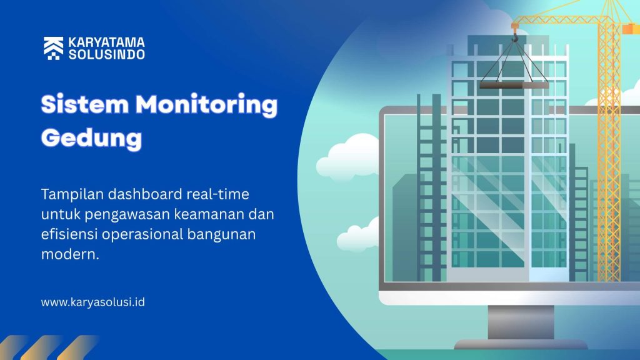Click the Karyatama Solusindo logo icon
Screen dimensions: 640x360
pos(54,48)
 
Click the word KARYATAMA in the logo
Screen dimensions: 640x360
pos(106,42)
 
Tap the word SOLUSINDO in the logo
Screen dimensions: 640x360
pos(106,54)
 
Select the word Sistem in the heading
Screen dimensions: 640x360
pos(85,104)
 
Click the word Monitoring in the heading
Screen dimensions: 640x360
pos(206,105)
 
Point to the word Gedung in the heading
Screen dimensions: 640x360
pos(91,139)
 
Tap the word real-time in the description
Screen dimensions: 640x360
pos(217,194)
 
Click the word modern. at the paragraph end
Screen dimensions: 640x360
pos(70,254)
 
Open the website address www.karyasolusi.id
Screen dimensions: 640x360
pos(92,302)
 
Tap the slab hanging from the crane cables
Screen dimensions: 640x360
pos(514,85)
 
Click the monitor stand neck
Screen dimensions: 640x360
pos(521,322)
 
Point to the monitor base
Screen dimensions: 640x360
pos(521,344)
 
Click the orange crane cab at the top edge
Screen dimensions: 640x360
pos(630,29)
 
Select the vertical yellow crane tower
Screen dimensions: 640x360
pos(609,151)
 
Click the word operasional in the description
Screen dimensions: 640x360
pos(142,235)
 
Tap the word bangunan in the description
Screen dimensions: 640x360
pos(221,235)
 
